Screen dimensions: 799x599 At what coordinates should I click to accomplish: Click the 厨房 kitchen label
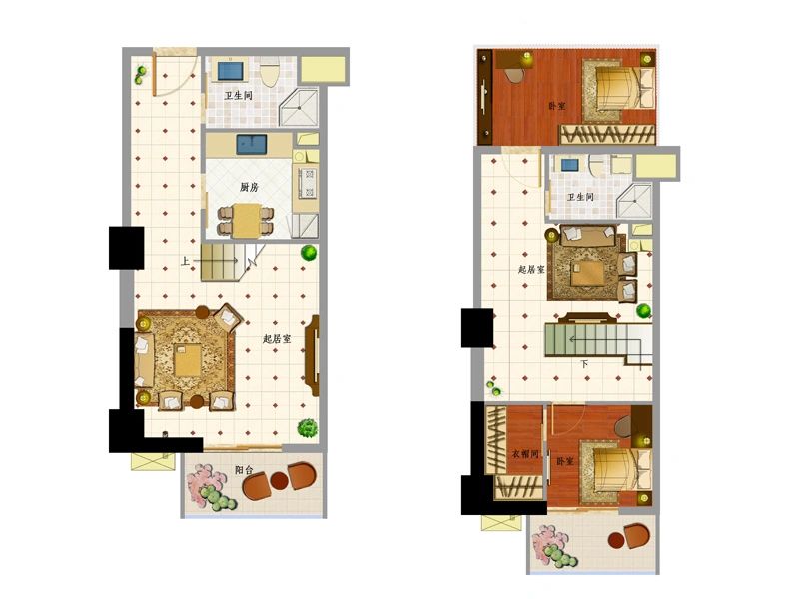pos(249,187)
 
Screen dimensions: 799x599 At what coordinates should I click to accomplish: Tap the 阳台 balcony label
pos(244,469)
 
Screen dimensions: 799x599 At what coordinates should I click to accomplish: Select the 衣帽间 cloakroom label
pos(525,453)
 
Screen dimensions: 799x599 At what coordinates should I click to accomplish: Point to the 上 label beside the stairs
pos(185,261)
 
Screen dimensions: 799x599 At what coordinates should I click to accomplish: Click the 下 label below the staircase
pos(584,364)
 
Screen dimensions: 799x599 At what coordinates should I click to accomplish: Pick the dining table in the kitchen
pos(247,221)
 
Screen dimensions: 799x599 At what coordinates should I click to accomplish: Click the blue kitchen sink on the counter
pos(252,144)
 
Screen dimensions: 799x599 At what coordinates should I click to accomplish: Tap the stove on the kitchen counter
pos(309,183)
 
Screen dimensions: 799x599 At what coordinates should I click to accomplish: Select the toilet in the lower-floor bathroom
pos(269,73)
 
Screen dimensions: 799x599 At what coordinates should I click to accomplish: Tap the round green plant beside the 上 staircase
pos(309,253)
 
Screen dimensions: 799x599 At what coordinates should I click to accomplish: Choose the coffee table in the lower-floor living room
pos(188,360)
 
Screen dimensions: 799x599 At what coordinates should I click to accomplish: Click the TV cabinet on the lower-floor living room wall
pos(312,355)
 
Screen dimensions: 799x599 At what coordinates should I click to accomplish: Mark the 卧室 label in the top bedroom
pos(557,106)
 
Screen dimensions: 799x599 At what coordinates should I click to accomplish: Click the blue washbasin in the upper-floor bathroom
pos(569,165)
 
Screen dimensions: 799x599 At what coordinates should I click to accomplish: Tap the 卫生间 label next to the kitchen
pos(238,95)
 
